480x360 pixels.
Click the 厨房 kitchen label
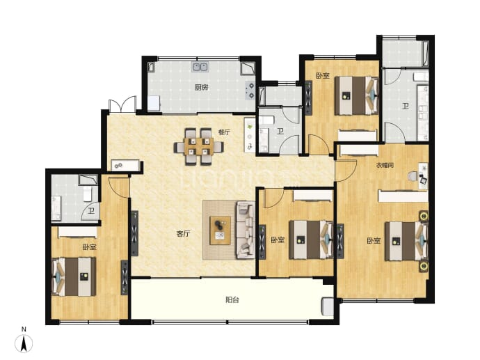pyautogui.click(x=202, y=88)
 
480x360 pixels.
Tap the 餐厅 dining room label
pyautogui.click(x=224, y=132)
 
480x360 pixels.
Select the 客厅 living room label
pyautogui.click(x=183, y=234)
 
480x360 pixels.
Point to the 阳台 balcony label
pyautogui.click(x=232, y=299)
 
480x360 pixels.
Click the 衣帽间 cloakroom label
pyautogui.click(x=385, y=166)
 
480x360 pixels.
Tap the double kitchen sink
pyautogui.click(x=200, y=67)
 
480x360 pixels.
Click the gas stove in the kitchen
pyautogui.click(x=250, y=91)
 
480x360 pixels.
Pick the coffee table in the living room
pyautogui.click(x=220, y=230)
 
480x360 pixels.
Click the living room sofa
pyautogui.click(x=245, y=230)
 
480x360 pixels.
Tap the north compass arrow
pyautogui.click(x=24, y=343)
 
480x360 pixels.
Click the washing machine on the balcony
pyautogui.click(x=328, y=306)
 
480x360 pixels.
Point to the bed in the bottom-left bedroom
pyautogui.click(x=74, y=276)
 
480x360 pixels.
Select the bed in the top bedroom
pyautogui.click(x=356, y=95)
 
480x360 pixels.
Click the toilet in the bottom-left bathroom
pyautogui.click(x=88, y=194)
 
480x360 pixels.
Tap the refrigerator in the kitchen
pyautogui.click(x=154, y=104)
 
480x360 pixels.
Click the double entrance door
pyautogui.click(x=122, y=104)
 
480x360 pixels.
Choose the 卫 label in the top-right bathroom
pyautogui.click(x=406, y=107)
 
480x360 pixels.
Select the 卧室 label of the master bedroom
pyautogui.click(x=374, y=241)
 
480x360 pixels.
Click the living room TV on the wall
pyautogui.click(x=134, y=233)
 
